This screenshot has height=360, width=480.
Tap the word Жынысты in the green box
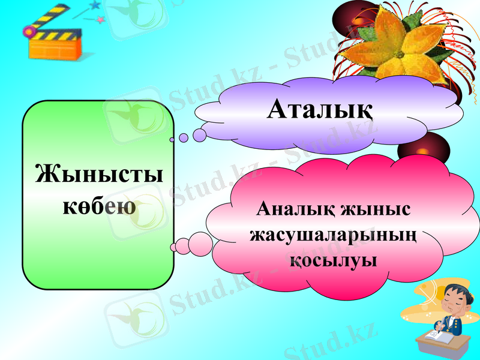(98, 174)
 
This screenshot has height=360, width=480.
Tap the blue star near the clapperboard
(94, 5)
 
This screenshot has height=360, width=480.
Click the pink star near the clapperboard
(101, 20)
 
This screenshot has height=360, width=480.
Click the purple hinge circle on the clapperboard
(28, 32)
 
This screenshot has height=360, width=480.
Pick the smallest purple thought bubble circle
(172, 139)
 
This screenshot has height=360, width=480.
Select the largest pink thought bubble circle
(201, 243)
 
